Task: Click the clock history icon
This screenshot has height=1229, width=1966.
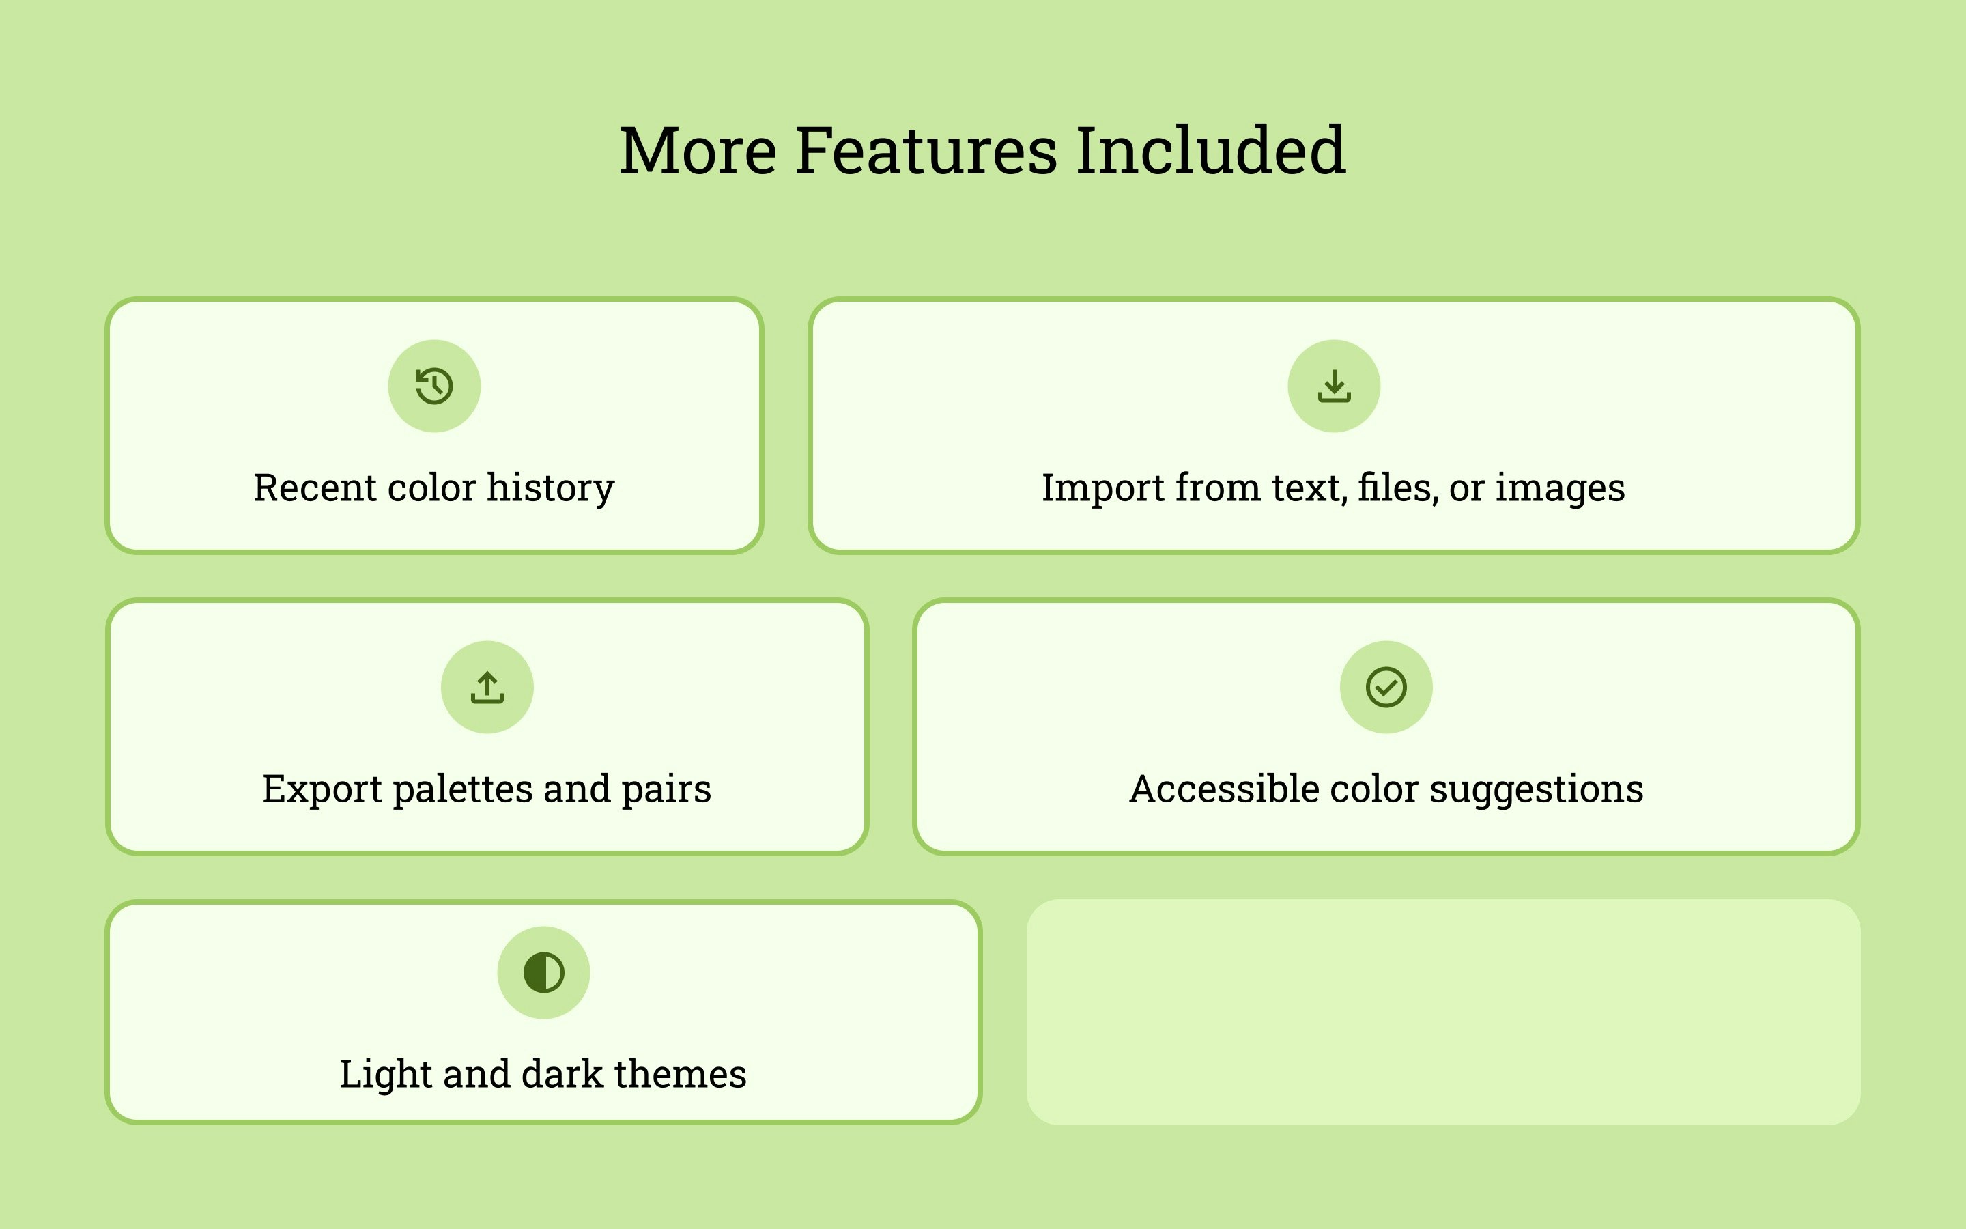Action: point(434,386)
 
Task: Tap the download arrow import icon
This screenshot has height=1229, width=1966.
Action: point(1334,386)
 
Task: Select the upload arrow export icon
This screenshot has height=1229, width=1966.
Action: point(487,688)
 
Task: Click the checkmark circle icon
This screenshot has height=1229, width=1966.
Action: point(1386,688)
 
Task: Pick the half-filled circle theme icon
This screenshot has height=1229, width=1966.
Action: point(543,972)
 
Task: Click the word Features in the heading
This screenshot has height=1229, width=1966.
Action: point(926,151)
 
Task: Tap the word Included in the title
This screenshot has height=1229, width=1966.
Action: point(1211,151)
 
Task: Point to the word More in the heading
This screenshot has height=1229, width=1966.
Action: point(698,151)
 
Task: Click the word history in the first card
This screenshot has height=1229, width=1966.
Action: point(550,488)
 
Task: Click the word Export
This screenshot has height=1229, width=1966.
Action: point(322,790)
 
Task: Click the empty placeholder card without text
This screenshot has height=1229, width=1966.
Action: point(1443,1012)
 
